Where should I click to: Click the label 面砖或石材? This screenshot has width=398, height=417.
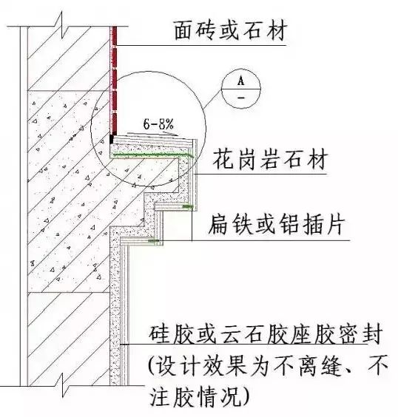pyautogui.click(x=231, y=31)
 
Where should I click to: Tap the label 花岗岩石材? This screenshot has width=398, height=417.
pyautogui.click(x=270, y=159)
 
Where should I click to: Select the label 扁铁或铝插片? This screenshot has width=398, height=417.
pyautogui.click(x=277, y=225)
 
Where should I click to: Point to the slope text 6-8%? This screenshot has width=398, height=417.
pyautogui.click(x=158, y=124)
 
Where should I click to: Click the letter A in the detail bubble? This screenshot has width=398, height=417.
pyautogui.click(x=240, y=81)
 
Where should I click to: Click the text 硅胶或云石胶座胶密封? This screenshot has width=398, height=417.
pyautogui.click(x=266, y=333)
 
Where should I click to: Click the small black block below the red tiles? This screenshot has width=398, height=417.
pyautogui.click(x=112, y=139)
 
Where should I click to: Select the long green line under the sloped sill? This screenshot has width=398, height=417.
pyautogui.click(x=152, y=155)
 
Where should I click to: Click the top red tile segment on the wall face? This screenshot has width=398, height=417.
pyautogui.click(x=115, y=36)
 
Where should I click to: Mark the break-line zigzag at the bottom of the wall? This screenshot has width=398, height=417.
pyautogui.click(x=64, y=385)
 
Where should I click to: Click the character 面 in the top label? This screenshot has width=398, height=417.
pyautogui.click(x=185, y=31)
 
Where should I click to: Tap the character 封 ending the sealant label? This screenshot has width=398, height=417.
pyautogui.click(x=372, y=333)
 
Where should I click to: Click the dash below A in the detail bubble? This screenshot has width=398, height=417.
pyautogui.click(x=241, y=98)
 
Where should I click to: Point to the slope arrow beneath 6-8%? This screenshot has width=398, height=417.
pyautogui.click(x=152, y=134)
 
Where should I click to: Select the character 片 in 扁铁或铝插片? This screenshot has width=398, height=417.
pyautogui.click(x=335, y=225)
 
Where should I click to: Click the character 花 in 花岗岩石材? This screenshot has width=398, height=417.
pyautogui.click(x=223, y=159)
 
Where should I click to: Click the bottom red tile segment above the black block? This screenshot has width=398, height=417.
pyautogui.click(x=115, y=123)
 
